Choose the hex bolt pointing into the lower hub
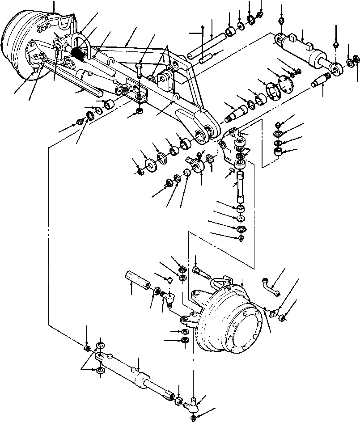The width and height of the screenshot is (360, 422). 200,271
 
